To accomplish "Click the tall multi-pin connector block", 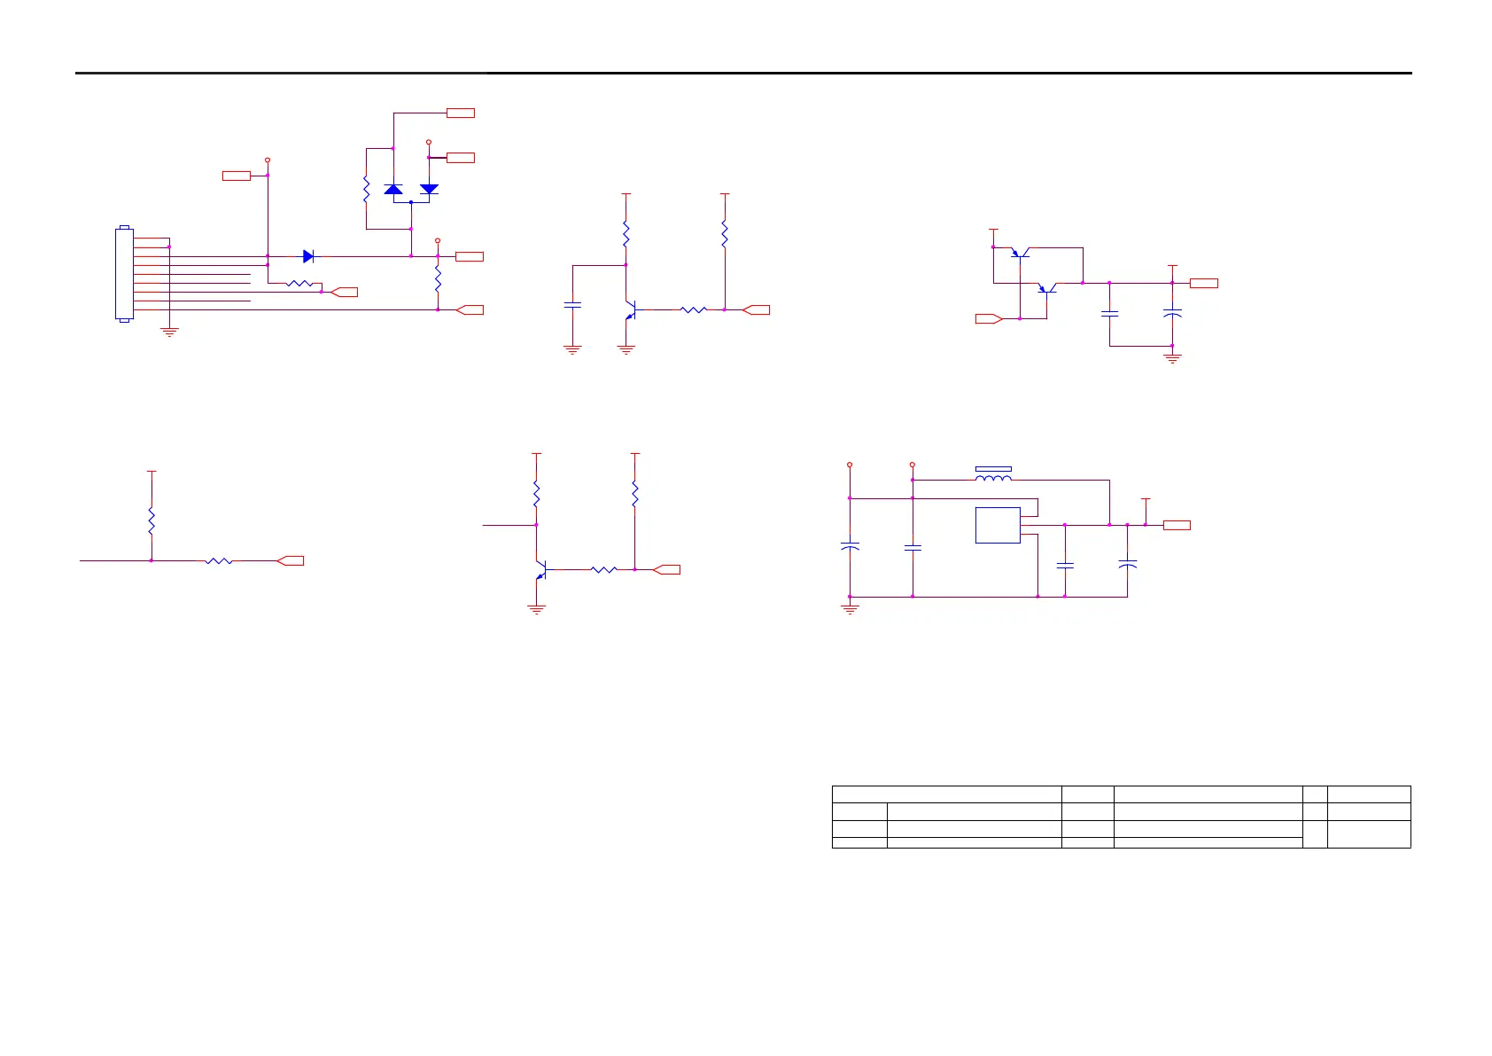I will pyautogui.click(x=124, y=274).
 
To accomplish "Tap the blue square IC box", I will pyautogui.click(x=998, y=525).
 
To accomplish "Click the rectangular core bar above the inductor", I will pyautogui.click(x=993, y=468).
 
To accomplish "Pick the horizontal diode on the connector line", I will pyautogui.click(x=308, y=256).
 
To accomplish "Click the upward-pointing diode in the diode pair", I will pyautogui.click(x=393, y=189).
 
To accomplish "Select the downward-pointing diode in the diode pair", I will pyautogui.click(x=429, y=189).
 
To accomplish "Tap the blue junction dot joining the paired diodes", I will pyautogui.click(x=411, y=202).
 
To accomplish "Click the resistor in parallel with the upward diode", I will pyautogui.click(x=366, y=189).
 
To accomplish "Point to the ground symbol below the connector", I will pyautogui.click(x=169, y=332).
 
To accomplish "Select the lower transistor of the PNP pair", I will pyautogui.click(x=1047, y=288).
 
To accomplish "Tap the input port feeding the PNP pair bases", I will pyautogui.click(x=989, y=318).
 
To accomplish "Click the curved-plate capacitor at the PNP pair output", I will pyautogui.click(x=1172, y=314).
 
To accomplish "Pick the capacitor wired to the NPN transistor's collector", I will pyautogui.click(x=572, y=305).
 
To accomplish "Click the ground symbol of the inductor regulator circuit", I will pyautogui.click(x=850, y=609).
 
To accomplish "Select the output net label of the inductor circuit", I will pyautogui.click(x=1177, y=525).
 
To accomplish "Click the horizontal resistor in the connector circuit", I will pyautogui.click(x=299, y=284).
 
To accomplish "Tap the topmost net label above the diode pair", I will pyautogui.click(x=461, y=113).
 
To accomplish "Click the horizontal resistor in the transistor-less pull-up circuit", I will pyautogui.click(x=219, y=560).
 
